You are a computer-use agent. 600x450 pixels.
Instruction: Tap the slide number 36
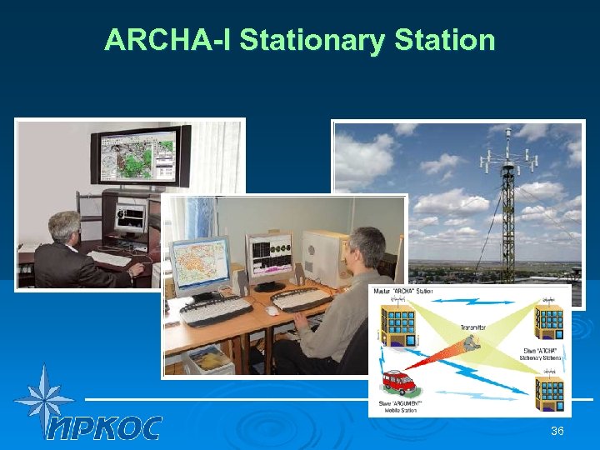(x=557, y=431)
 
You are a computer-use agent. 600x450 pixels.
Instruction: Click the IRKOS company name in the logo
(x=104, y=427)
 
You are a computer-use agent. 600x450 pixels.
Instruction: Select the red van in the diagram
(x=399, y=382)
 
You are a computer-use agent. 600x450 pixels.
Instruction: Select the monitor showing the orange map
(x=199, y=265)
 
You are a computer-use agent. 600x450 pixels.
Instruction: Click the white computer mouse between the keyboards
(x=272, y=311)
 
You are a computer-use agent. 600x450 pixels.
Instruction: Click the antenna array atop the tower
(x=507, y=146)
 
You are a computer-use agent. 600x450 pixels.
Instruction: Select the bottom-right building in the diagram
(x=549, y=391)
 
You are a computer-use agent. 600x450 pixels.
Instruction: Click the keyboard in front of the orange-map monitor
(x=216, y=310)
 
